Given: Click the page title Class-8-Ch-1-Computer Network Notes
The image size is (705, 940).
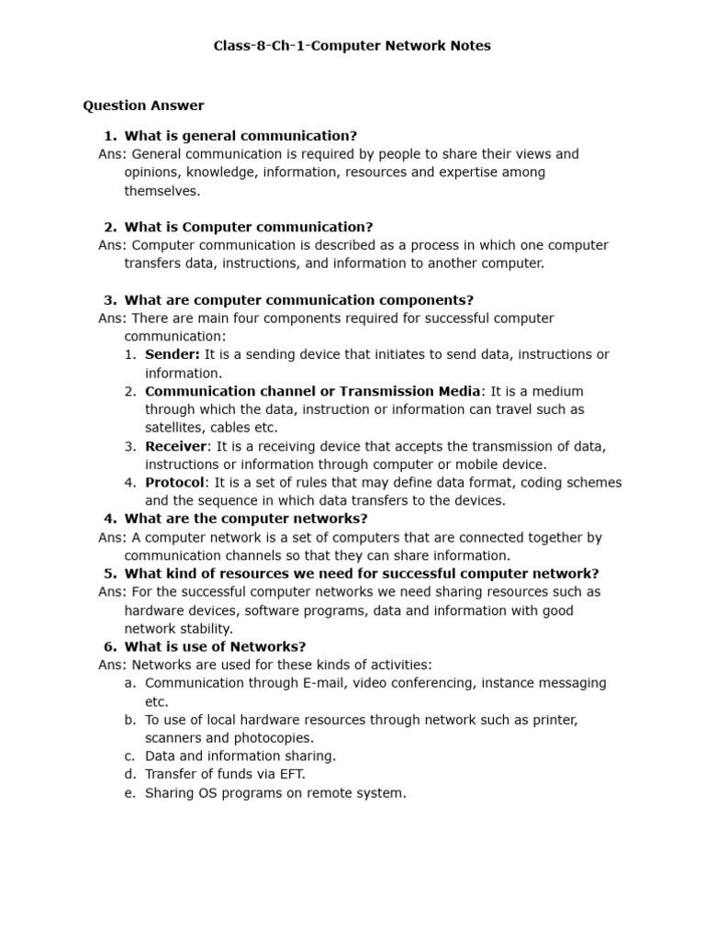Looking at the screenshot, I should click(352, 46).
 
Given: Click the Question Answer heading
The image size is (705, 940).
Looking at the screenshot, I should click(143, 106).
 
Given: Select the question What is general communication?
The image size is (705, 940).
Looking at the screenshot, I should click(241, 136).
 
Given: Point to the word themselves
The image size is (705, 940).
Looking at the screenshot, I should click(162, 191).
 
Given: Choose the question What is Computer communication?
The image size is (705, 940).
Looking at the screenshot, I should click(249, 227).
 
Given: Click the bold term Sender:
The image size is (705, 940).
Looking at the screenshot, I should click(173, 354).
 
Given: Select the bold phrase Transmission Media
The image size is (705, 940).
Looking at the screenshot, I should click(409, 391).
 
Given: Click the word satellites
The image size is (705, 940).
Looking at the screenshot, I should click(174, 428).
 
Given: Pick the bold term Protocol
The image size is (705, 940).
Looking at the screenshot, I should click(174, 483).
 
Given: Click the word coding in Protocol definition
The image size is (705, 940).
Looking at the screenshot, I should click(504, 483).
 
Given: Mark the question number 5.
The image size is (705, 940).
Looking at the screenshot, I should click(110, 574).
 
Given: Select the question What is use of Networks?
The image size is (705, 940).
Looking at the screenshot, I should click(215, 647).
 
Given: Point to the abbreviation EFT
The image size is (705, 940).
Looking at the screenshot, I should click(291, 775).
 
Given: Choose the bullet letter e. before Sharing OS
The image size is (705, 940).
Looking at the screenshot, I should click(129, 793).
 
